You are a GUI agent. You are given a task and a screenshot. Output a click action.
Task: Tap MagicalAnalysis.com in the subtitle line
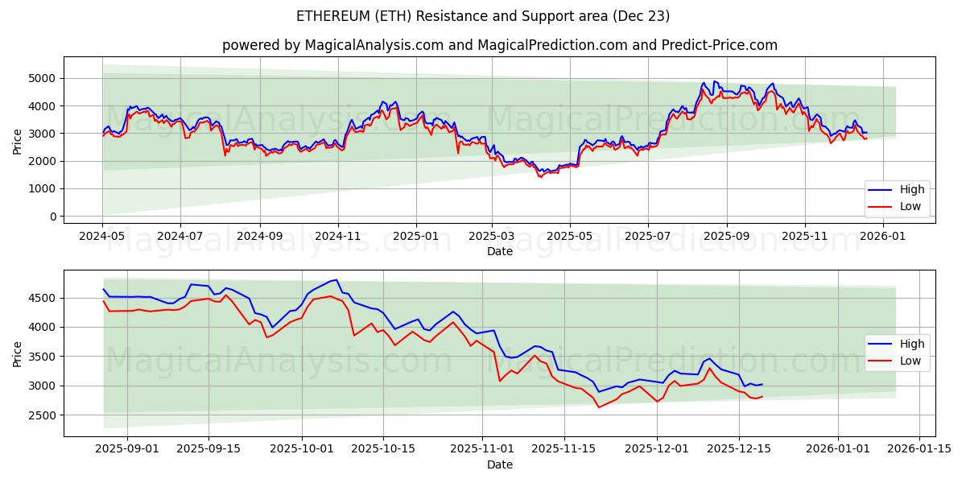374,45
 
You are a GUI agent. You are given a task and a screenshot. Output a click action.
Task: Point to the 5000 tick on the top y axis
43,78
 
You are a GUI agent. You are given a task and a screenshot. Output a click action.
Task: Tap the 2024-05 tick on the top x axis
102,237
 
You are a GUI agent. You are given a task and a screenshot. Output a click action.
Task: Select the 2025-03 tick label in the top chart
492,237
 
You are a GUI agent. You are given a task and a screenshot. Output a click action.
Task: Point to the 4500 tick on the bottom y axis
43,298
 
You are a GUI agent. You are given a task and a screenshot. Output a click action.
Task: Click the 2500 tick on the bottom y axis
43,415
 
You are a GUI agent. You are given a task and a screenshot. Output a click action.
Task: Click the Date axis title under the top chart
499,251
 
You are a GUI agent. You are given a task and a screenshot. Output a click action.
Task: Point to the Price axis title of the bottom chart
18,353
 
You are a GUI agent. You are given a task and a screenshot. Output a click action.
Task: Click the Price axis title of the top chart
18,140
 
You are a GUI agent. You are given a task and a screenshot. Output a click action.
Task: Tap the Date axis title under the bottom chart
499,464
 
